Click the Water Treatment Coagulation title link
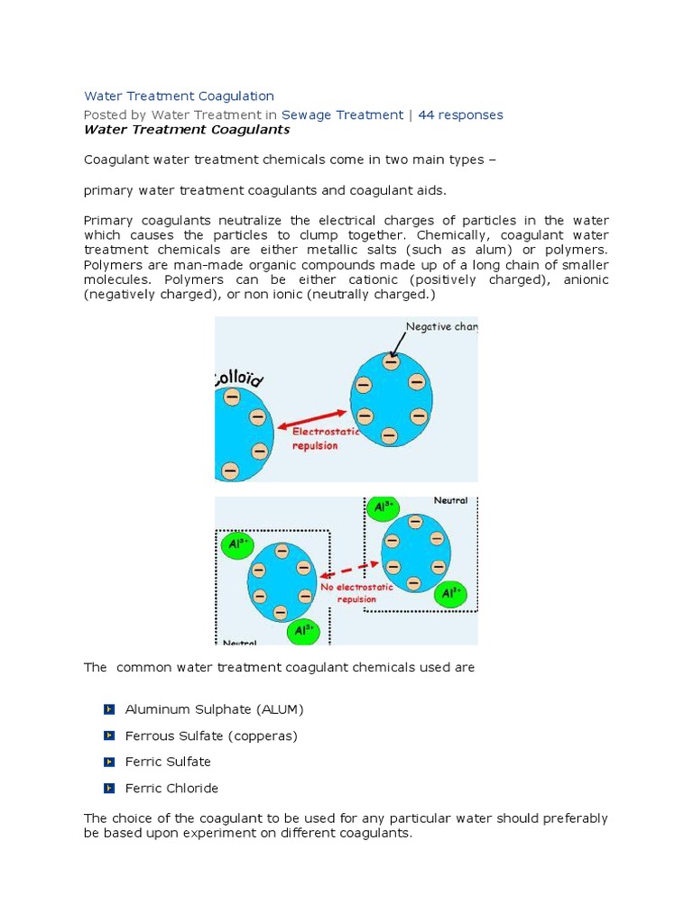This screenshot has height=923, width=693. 179,96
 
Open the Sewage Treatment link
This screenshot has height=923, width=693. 342,114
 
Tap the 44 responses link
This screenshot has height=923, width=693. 460,114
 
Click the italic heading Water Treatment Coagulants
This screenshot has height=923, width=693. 187,129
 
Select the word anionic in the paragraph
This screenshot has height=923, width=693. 586,279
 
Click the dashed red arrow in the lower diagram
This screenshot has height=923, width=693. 351,566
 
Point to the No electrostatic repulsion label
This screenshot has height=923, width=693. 356,592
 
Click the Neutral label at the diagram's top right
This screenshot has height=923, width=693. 450,500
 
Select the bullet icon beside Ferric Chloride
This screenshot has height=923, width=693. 109,788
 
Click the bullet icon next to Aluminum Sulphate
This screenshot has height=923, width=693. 109,709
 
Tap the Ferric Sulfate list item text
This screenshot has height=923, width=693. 168,762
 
